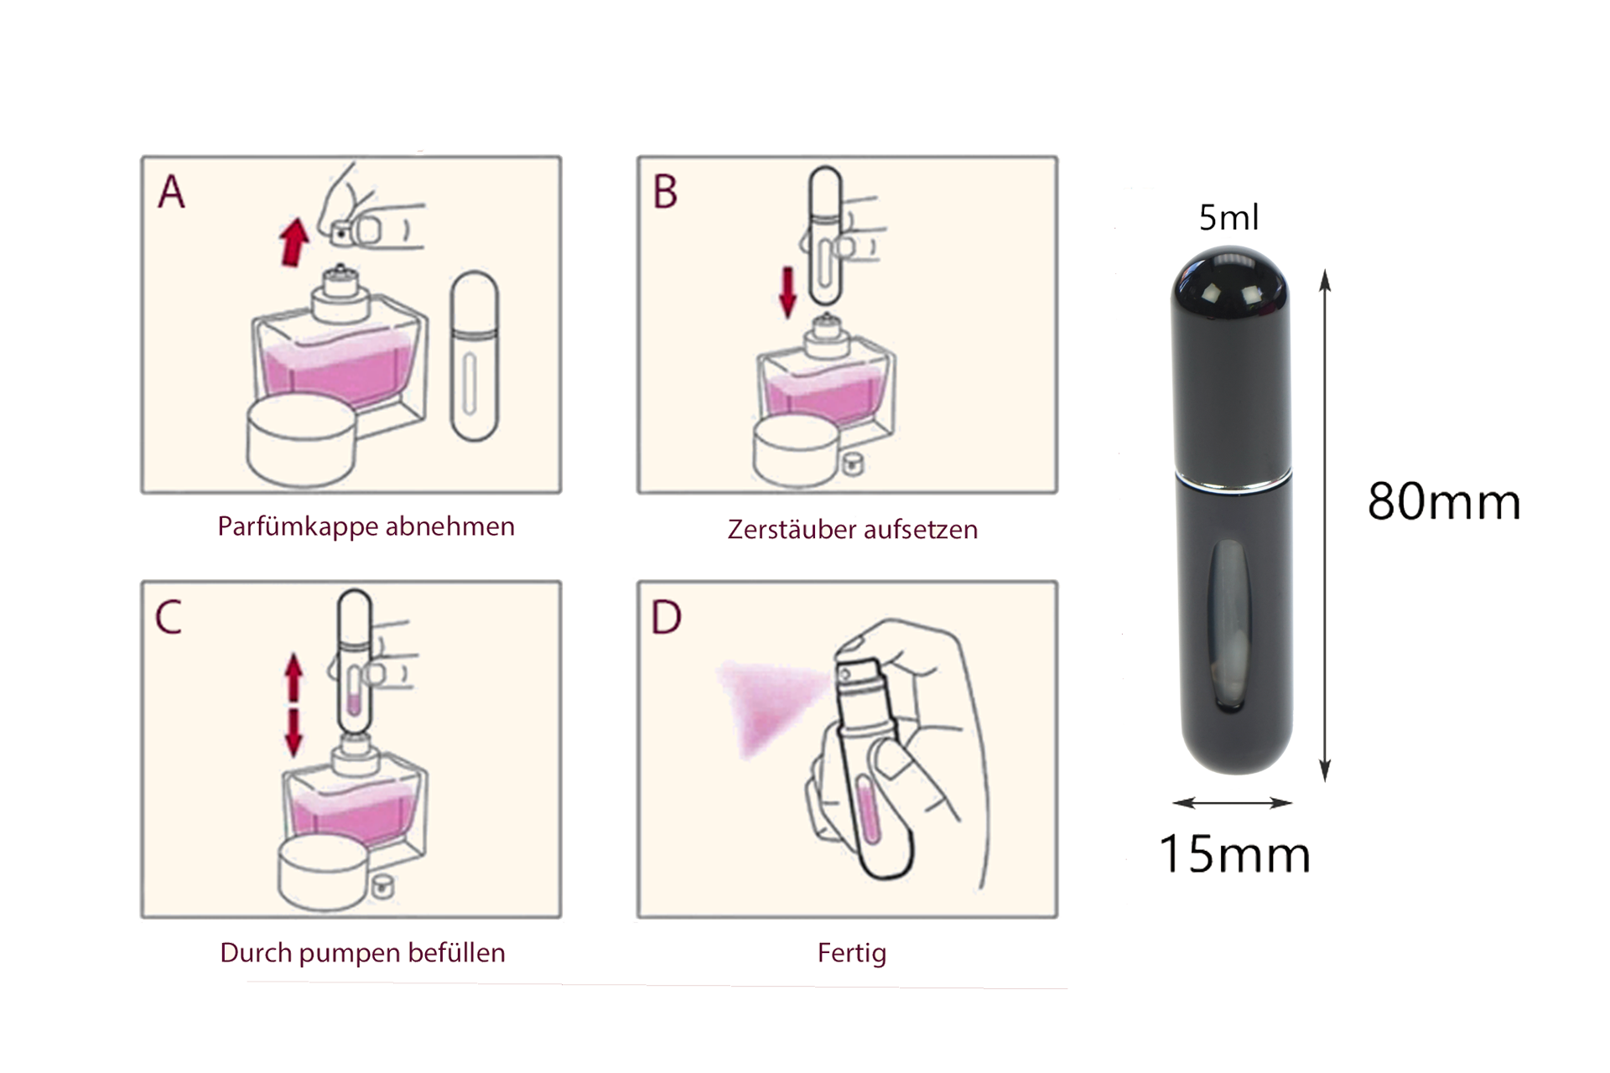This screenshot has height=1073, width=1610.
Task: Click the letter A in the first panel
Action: click(x=172, y=192)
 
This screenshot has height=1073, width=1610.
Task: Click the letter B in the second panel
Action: click(x=665, y=192)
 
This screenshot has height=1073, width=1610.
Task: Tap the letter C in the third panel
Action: click(x=169, y=618)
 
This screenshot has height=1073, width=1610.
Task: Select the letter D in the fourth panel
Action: click(x=667, y=618)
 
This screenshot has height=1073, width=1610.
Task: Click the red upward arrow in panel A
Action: click(x=293, y=241)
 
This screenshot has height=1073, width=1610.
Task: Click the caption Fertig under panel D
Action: click(x=852, y=953)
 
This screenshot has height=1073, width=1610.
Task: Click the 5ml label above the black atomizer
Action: click(x=1228, y=218)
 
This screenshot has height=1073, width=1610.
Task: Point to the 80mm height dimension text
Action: click(x=1443, y=502)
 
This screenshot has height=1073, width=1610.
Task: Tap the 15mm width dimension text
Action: click(x=1234, y=854)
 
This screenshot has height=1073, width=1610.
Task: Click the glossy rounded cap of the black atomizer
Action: click(x=1231, y=293)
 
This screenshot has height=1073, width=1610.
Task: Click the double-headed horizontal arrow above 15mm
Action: click(x=1233, y=803)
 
